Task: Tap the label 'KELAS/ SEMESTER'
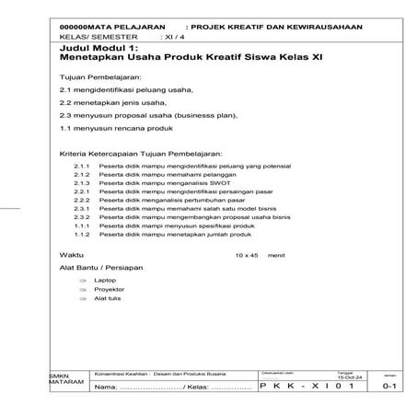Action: tap(87, 37)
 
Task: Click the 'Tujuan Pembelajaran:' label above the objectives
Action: tap(95, 80)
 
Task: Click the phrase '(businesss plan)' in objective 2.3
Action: tap(208, 116)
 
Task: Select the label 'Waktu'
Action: tap(71, 252)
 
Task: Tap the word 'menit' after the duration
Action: tap(277, 253)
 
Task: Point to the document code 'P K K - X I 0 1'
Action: tap(306, 388)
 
